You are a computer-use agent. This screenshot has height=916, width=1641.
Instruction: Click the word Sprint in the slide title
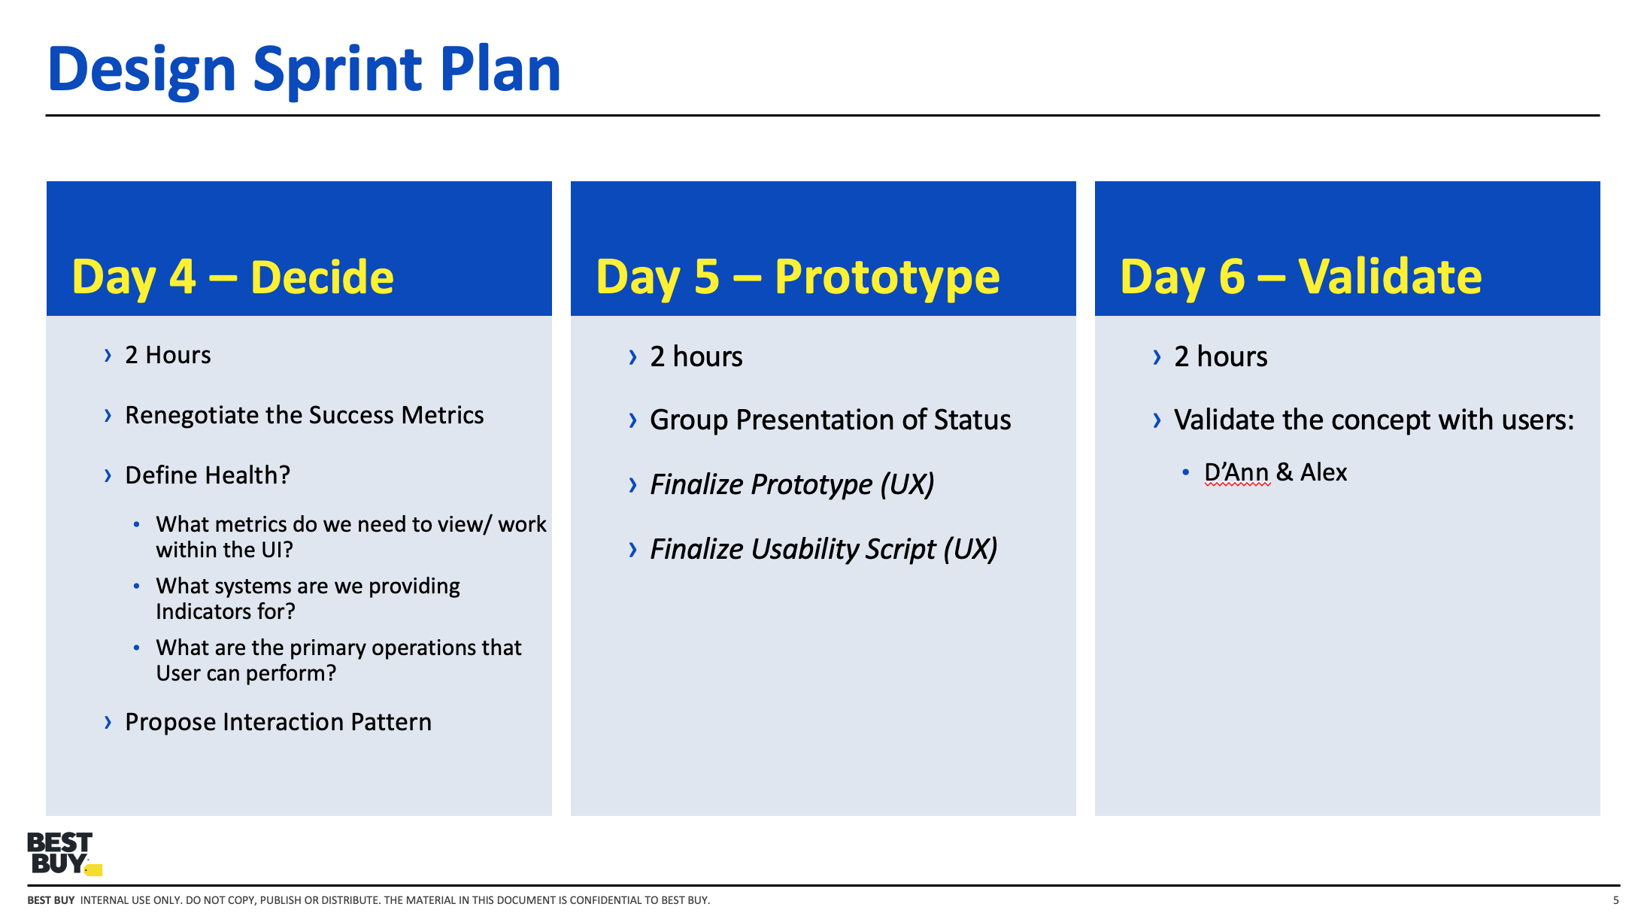tap(338, 69)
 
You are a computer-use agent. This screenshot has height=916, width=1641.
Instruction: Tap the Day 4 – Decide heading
tap(232, 277)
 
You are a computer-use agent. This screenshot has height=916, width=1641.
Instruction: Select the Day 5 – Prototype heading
tap(797, 277)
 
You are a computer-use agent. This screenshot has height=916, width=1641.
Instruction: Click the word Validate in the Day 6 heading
tap(1390, 277)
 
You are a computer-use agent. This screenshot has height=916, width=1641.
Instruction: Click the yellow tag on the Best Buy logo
tap(94, 870)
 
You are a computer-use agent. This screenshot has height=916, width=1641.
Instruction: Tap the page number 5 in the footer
tap(1615, 900)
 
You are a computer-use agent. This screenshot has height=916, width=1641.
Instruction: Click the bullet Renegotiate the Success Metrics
tap(304, 415)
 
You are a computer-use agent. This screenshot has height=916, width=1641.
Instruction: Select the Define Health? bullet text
tap(208, 475)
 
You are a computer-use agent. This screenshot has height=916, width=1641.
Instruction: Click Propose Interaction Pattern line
tap(278, 722)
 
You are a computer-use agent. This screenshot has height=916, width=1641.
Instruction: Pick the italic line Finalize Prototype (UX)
tap(791, 484)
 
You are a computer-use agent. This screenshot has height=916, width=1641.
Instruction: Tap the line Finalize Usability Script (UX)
tap(823, 549)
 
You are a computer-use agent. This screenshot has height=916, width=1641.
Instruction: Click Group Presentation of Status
tap(830, 420)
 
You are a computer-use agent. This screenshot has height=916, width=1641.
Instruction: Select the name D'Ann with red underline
tap(1236, 472)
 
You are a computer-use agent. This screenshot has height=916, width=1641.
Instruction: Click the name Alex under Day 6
tap(1324, 472)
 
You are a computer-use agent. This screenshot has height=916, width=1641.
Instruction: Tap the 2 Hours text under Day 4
tap(168, 355)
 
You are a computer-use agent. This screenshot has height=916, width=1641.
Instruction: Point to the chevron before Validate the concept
tap(1157, 420)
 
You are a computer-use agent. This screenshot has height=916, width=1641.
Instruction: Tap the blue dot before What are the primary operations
tap(136, 648)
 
